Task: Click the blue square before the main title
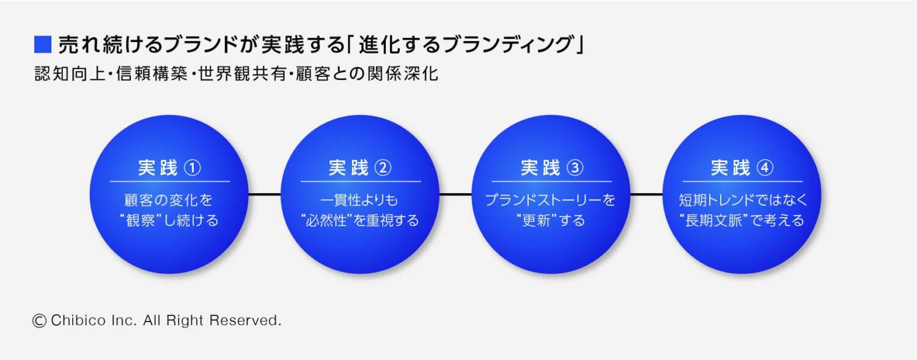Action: [x=43, y=45]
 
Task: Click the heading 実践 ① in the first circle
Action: [x=169, y=168]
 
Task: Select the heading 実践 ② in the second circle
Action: [x=360, y=168]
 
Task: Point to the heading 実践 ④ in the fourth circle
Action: [x=742, y=168]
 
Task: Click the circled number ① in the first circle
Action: [x=193, y=168]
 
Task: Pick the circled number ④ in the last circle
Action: [x=765, y=168]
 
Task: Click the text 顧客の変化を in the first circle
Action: [x=169, y=200]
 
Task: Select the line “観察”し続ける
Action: [x=169, y=221]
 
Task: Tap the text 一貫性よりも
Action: [x=360, y=200]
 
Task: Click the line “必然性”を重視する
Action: [x=360, y=221]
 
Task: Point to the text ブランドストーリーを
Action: [x=550, y=200]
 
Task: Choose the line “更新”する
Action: [x=550, y=221]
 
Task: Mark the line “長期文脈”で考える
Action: [x=742, y=221]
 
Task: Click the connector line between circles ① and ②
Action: [x=265, y=194]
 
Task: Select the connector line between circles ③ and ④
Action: [x=646, y=194]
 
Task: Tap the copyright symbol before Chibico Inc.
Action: [x=40, y=320]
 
